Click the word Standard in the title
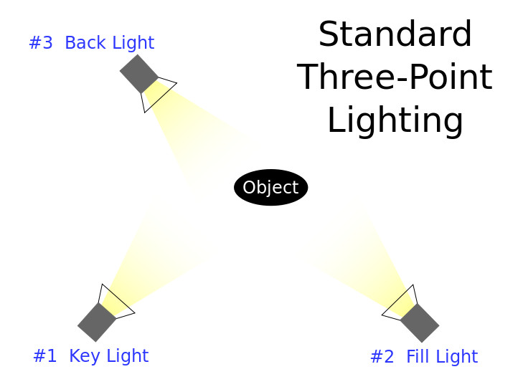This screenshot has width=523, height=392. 395,34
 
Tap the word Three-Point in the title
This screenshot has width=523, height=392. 395,77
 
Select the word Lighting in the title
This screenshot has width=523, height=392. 395,120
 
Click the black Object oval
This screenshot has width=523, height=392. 271,187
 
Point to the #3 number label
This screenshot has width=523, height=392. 41,42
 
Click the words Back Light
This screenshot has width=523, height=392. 109,43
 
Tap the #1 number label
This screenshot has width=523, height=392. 45,355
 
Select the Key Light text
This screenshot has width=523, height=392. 109,356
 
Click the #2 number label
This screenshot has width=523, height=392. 382,357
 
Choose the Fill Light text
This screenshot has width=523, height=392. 442,357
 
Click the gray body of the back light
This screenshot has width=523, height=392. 138,74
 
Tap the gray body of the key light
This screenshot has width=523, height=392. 97,322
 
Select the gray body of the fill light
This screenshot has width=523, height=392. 420,322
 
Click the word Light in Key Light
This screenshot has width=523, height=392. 128,357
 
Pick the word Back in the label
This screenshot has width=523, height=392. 85,42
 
